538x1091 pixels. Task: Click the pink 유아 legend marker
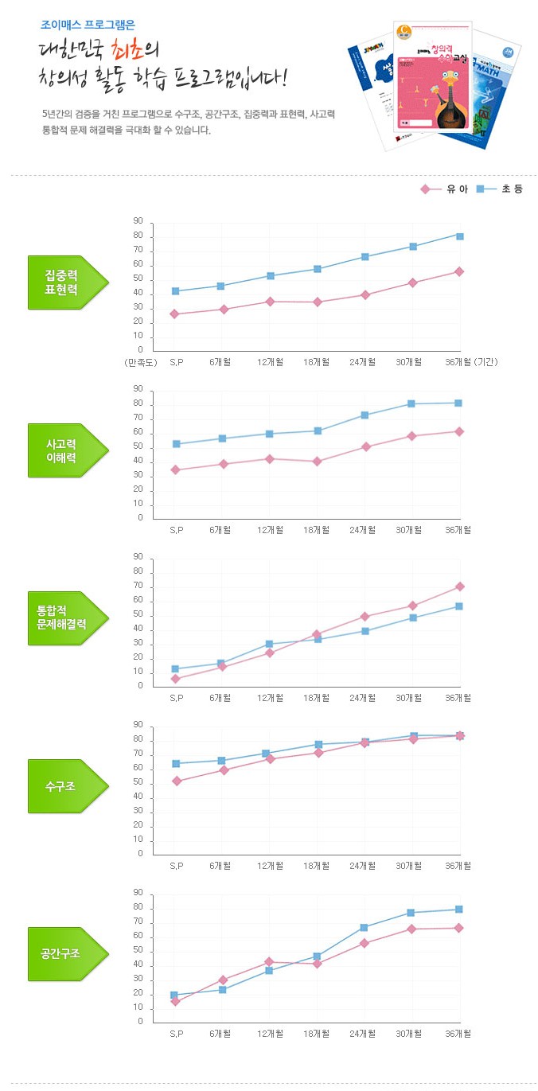(x=425, y=189)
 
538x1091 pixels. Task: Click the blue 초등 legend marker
(x=481, y=189)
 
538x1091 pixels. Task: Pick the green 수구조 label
(x=62, y=786)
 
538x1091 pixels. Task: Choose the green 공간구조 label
(x=62, y=953)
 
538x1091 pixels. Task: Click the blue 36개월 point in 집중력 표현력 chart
(x=459, y=236)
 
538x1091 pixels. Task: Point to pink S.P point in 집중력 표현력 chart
(x=175, y=314)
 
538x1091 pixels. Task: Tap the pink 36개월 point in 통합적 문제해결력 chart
(x=459, y=586)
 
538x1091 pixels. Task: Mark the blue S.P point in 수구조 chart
(x=175, y=764)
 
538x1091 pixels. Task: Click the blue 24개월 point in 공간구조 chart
(x=365, y=928)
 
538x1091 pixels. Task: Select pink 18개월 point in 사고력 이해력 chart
(x=317, y=462)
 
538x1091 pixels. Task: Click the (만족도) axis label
(x=141, y=362)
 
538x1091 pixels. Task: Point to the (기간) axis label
(x=485, y=362)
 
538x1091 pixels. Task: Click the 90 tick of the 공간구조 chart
(x=138, y=893)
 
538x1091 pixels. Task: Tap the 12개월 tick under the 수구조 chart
(x=270, y=866)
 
